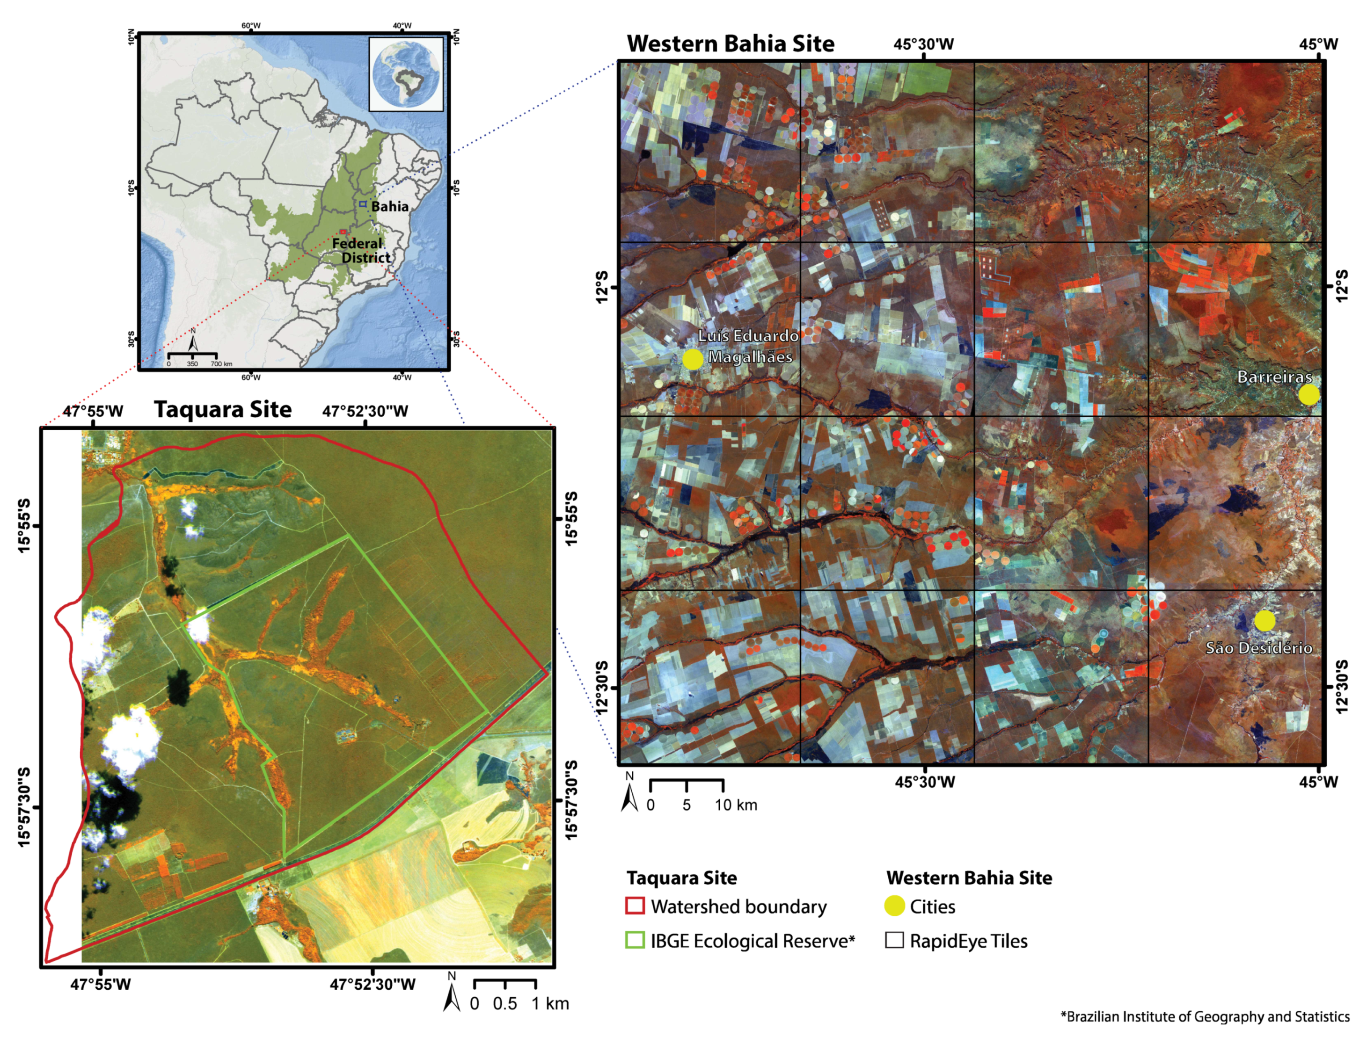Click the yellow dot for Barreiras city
tap(1308, 394)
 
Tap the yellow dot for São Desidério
tap(1264, 620)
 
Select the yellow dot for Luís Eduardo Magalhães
tap(693, 359)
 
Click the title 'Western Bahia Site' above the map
tap(731, 44)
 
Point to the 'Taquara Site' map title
tap(223, 410)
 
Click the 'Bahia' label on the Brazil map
tap(389, 207)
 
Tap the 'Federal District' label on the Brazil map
tap(362, 250)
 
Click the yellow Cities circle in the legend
tap(894, 906)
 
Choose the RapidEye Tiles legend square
tap(894, 941)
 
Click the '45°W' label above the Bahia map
tap(1319, 44)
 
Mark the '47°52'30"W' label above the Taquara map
tap(365, 412)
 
